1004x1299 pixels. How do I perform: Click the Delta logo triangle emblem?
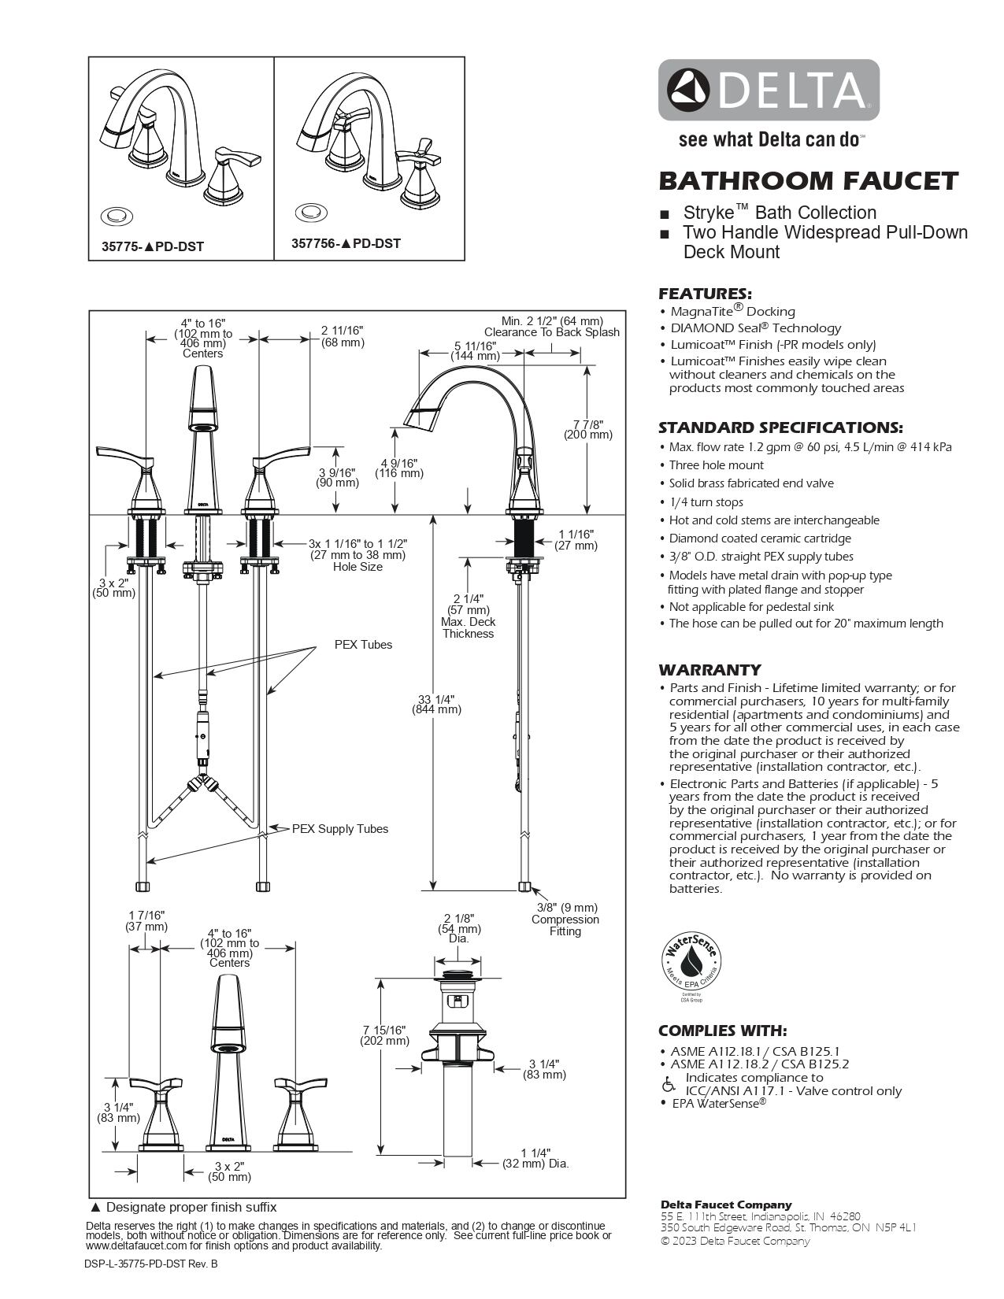coord(689,89)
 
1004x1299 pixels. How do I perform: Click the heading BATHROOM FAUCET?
coord(808,181)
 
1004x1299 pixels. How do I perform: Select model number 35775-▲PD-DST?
coord(153,246)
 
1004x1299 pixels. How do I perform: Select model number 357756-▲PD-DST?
coord(346,243)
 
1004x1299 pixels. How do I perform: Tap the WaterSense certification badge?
coord(691,965)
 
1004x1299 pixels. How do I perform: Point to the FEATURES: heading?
coord(705,294)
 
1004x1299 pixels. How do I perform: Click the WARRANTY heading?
coord(709,670)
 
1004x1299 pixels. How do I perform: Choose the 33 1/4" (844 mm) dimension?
coord(436,704)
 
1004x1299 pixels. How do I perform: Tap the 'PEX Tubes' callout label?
coord(363,644)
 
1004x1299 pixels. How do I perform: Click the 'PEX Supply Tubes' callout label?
coord(339,828)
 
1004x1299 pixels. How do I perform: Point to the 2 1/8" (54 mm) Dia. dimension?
coord(459,928)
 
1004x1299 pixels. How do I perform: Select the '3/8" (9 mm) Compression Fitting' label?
coord(565,920)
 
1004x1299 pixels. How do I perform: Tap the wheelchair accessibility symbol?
coord(669,1085)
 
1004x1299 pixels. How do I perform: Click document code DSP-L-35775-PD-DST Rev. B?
coord(150,1264)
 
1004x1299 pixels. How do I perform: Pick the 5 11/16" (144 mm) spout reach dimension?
coord(475,350)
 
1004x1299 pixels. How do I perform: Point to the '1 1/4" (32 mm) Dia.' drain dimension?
coord(535,1157)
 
